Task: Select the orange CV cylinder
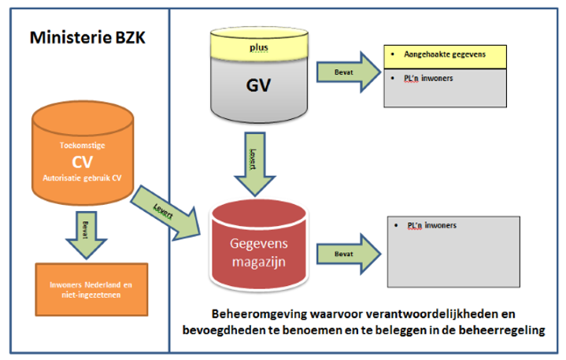point(82,161)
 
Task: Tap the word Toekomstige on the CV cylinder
point(82,146)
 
